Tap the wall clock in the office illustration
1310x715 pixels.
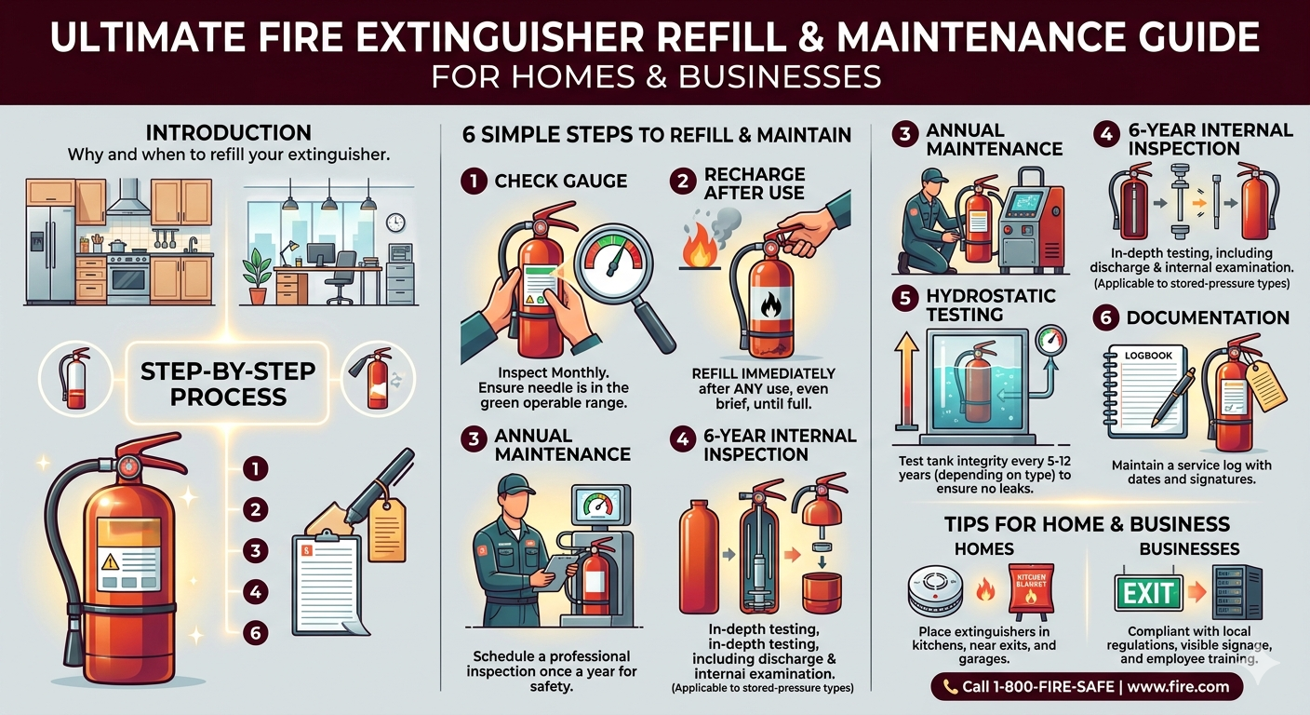tap(395, 223)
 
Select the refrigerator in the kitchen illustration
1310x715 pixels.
tap(50, 253)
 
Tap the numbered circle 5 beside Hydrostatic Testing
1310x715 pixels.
tap(904, 299)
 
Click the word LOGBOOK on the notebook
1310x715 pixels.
tap(1148, 355)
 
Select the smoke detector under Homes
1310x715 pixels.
tap(935, 592)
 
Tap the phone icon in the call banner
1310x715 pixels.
tap(950, 687)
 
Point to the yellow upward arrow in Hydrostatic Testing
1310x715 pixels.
tap(907, 381)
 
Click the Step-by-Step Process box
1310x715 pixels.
tap(228, 384)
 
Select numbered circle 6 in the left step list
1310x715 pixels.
tap(255, 632)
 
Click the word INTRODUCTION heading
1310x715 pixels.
tap(229, 133)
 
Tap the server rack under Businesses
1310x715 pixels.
tap(1236, 592)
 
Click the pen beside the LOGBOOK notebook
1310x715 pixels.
tap(1174, 398)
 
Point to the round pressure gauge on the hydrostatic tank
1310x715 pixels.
tap(1050, 340)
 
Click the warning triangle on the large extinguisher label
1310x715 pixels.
tap(110, 563)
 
